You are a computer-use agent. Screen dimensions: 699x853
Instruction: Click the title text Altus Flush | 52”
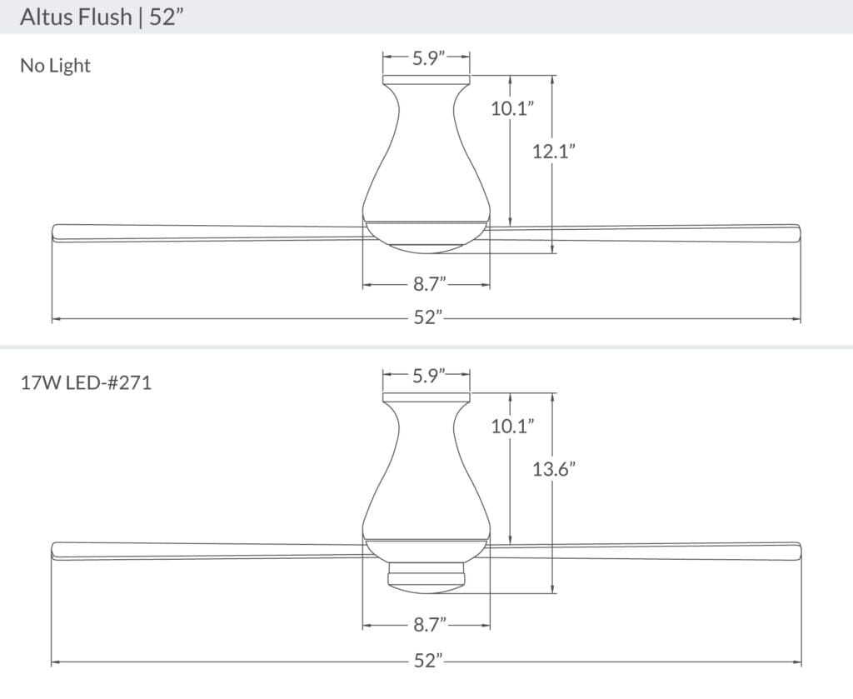(101, 17)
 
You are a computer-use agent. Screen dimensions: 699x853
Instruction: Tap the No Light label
(55, 66)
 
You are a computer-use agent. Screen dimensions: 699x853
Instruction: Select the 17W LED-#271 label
(86, 384)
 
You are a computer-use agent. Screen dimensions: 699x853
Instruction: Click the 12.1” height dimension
(554, 151)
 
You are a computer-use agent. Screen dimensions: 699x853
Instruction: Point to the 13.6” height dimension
(555, 469)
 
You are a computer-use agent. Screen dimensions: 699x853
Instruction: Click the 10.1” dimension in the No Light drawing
(511, 107)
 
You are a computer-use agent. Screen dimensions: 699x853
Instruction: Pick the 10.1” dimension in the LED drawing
(511, 426)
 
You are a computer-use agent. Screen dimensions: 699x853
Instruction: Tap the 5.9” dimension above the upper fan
(427, 57)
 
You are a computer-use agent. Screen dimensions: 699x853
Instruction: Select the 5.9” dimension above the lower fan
(427, 375)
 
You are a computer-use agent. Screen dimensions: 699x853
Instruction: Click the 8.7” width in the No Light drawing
(426, 285)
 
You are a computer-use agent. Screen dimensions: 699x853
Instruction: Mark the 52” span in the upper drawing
(426, 318)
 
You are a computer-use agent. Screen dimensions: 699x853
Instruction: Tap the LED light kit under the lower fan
(426, 577)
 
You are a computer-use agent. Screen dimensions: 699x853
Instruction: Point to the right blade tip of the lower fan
(795, 551)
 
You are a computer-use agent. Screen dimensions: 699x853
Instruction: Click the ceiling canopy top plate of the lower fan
(426, 397)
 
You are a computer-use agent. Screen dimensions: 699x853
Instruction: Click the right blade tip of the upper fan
(795, 232)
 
